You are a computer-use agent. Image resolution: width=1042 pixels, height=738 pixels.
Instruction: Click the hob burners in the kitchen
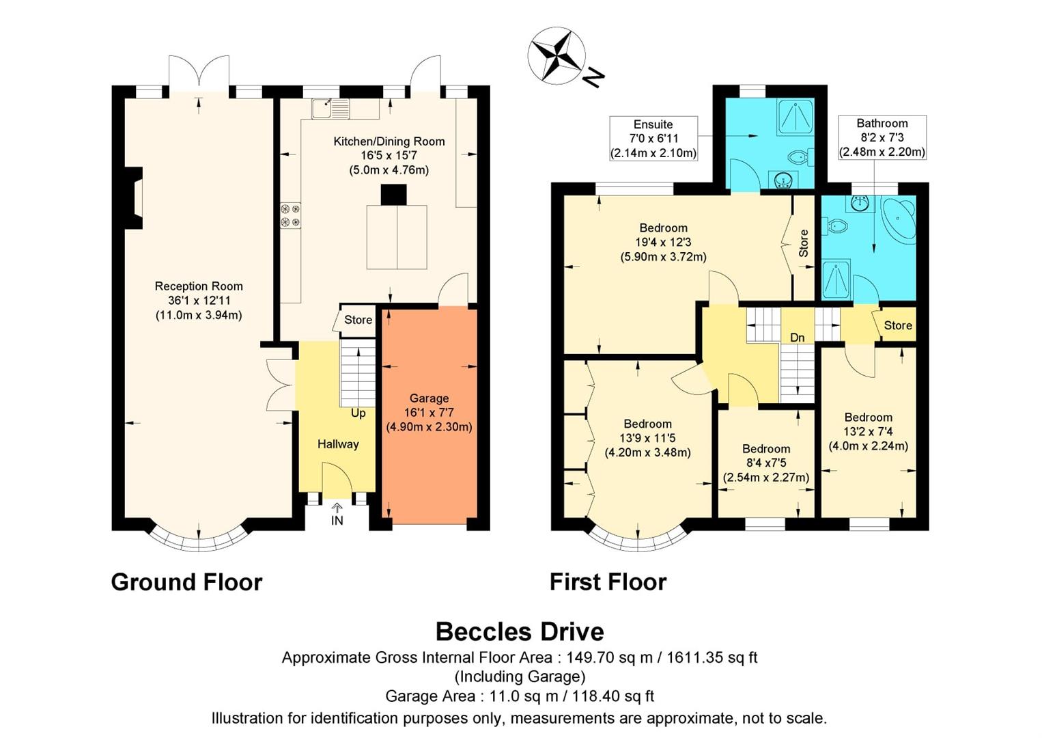[x=290, y=215]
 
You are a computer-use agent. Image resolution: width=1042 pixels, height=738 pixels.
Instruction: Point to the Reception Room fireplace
[x=135, y=198]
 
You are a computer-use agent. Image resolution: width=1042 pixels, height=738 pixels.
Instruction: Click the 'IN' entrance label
[x=337, y=520]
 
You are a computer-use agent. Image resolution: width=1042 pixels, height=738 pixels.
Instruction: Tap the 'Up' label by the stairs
[x=358, y=413]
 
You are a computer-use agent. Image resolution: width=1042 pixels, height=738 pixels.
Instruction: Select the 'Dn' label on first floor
[x=798, y=338]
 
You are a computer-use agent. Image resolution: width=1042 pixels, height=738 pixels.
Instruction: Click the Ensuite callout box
[x=653, y=139]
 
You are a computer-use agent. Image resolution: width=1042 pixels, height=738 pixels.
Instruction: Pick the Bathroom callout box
[x=882, y=137]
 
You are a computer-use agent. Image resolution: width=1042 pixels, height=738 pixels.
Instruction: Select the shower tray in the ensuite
[x=795, y=117]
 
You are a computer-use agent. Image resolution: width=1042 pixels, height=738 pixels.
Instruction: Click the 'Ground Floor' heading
[x=186, y=582]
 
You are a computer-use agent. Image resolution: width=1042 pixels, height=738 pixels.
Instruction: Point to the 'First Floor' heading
[x=608, y=582]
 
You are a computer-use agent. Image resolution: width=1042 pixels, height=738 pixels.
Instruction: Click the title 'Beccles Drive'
[x=520, y=631]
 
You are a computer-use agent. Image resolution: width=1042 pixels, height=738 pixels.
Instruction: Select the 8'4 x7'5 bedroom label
[x=766, y=463]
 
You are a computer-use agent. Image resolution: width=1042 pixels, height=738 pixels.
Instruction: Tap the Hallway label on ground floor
[x=338, y=444]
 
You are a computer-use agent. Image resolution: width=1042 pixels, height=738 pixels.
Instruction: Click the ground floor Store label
[x=358, y=320]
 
